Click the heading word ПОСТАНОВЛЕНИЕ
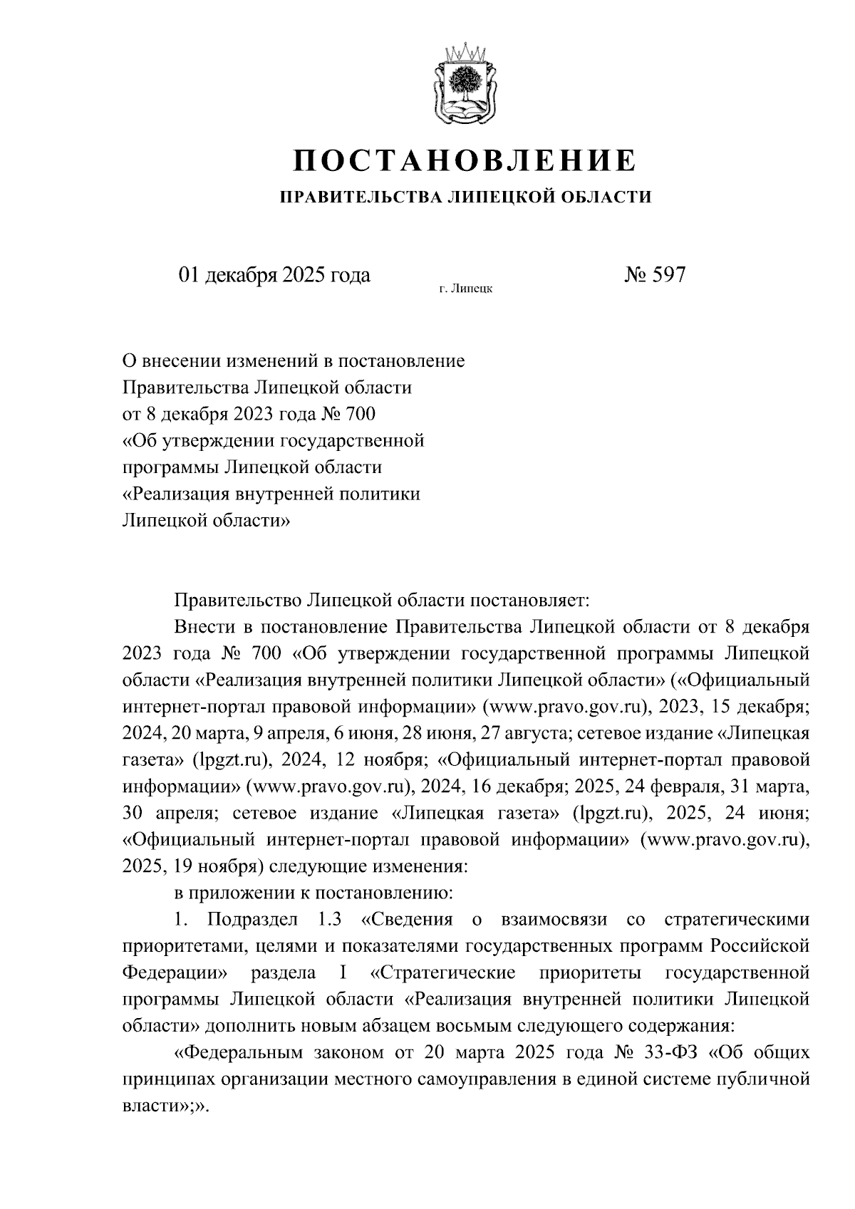pos(465,160)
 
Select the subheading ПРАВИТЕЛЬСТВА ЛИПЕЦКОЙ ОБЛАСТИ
pos(465,197)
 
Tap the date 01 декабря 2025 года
pos(274,275)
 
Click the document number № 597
pos(654,275)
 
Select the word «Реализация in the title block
pos(175,494)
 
